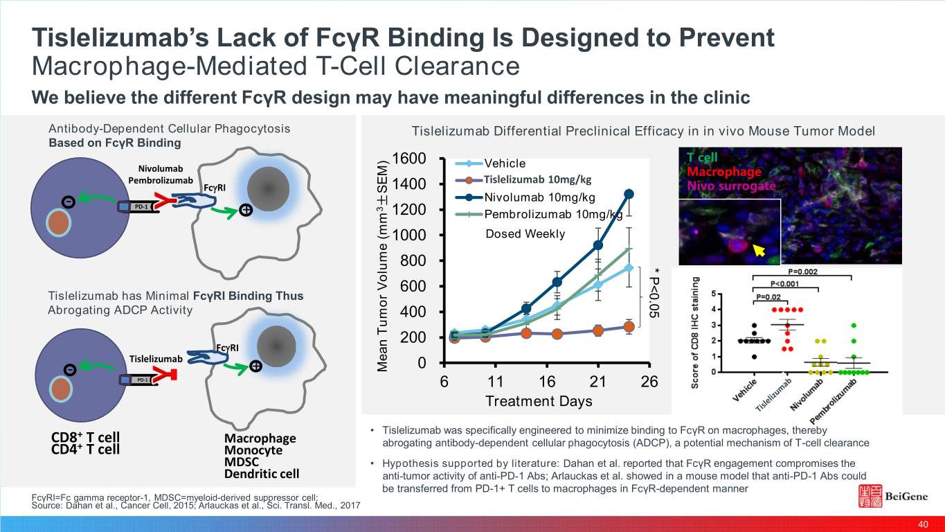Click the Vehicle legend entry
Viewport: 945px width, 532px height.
tap(505, 163)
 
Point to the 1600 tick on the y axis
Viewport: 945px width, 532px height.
tap(408, 159)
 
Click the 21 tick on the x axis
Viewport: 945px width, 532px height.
tap(597, 382)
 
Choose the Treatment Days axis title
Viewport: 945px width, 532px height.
tap(539, 401)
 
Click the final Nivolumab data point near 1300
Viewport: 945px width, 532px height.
tap(629, 194)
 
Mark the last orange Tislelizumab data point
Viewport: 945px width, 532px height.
tap(629, 327)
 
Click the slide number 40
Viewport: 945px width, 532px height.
tap(922, 524)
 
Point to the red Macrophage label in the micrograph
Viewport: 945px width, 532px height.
tap(724, 172)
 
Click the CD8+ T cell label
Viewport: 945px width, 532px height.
tap(85, 438)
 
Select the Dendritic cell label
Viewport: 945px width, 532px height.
tap(262, 475)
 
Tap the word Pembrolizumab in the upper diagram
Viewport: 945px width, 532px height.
tap(161, 180)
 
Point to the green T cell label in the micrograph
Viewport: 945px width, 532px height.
tap(703, 158)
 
